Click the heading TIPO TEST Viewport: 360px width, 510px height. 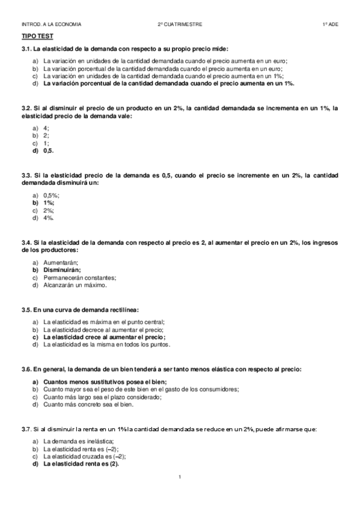point(34,37)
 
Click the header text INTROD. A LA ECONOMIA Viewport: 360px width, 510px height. point(51,25)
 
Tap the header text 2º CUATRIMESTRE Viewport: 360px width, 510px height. point(180,25)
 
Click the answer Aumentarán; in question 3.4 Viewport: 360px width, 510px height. point(61,263)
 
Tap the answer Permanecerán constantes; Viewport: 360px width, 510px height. point(79,277)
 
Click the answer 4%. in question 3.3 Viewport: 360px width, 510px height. point(49,218)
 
